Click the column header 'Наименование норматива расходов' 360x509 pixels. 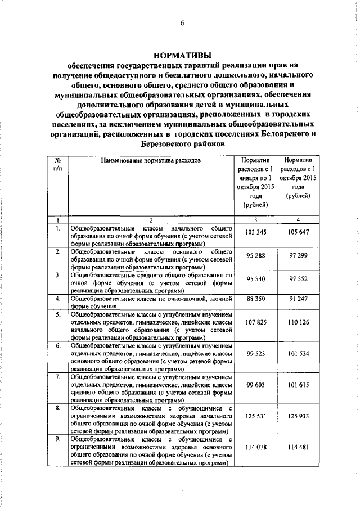pos(150,161)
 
